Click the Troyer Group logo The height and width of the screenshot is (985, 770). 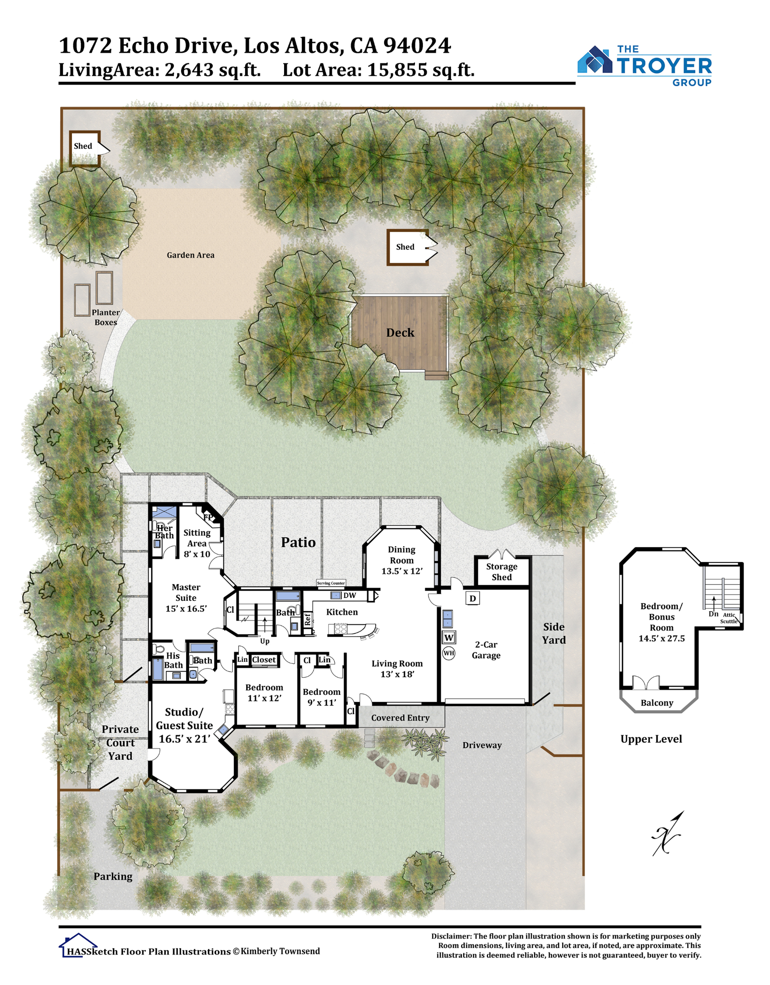click(x=644, y=66)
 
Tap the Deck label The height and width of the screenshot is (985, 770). click(x=400, y=333)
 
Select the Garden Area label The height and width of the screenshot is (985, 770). click(x=191, y=255)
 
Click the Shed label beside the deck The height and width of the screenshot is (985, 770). click(x=405, y=247)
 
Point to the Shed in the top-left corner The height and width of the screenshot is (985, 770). click(x=85, y=148)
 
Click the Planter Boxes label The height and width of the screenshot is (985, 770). click(x=106, y=318)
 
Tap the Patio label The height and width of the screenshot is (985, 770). click(x=298, y=542)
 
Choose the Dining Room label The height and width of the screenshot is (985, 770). click(x=402, y=555)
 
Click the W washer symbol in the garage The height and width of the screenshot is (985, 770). click(x=449, y=637)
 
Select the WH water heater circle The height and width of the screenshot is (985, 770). click(x=449, y=653)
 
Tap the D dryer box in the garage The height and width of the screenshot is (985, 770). click(x=473, y=598)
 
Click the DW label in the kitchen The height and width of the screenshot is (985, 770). click(x=350, y=595)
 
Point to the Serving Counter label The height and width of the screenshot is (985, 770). click(x=331, y=583)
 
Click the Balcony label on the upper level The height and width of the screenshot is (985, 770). click(x=657, y=703)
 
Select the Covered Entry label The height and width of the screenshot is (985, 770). click(x=400, y=718)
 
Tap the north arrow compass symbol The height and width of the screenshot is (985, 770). click(x=668, y=834)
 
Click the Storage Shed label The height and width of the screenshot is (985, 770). click(x=502, y=572)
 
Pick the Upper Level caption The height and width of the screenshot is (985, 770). click(x=651, y=739)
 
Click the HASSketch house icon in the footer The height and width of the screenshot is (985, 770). click(x=78, y=945)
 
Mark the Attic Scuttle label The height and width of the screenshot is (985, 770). click(x=729, y=618)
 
